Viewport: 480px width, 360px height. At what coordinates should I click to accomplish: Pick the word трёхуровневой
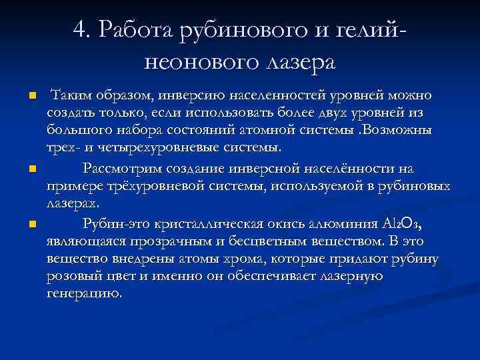pos(145,190)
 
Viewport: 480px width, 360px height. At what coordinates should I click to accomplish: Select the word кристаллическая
pos(208,221)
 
